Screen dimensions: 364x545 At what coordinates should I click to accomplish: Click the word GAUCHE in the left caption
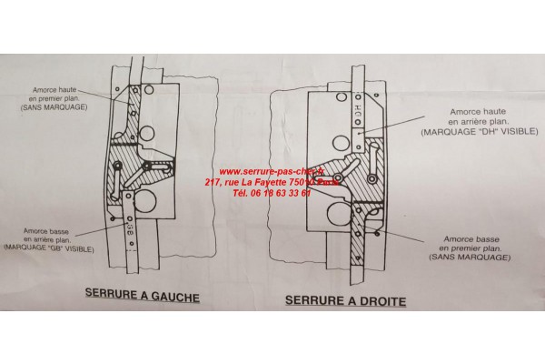pyautogui.click(x=171, y=296)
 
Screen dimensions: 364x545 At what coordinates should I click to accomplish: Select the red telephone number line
pyautogui.click(x=271, y=193)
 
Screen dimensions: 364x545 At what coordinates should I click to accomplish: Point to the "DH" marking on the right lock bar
pyautogui.click(x=358, y=108)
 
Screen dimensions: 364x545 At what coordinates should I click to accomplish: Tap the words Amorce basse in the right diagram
pyautogui.click(x=471, y=236)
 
